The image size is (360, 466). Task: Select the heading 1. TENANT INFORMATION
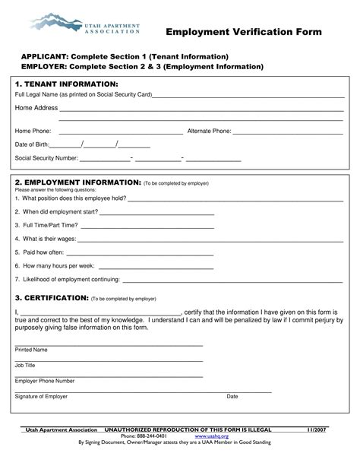[x=67, y=83]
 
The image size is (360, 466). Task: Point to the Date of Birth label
[x=32, y=144]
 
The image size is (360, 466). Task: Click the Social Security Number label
[x=46, y=158]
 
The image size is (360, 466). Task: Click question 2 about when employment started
[x=56, y=211]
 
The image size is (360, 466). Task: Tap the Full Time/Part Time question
[x=46, y=225]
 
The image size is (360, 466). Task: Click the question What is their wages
[x=45, y=238]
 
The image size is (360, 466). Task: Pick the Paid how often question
[x=39, y=252]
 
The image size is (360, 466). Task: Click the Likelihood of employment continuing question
[x=67, y=279]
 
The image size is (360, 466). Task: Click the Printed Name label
[x=31, y=350]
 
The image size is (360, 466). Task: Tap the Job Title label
[x=25, y=365]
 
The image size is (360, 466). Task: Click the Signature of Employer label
[x=41, y=396]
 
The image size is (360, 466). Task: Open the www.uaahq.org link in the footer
[x=207, y=436]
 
